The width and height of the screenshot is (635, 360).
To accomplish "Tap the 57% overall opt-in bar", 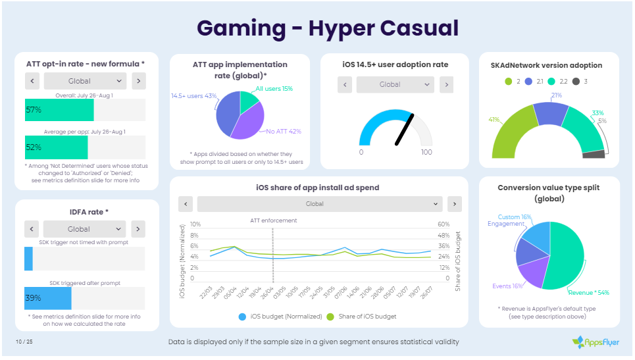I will [x=59, y=109].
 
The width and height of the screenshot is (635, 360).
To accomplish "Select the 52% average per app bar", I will [x=56, y=147].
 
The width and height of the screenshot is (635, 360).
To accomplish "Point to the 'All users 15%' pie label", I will [x=274, y=88].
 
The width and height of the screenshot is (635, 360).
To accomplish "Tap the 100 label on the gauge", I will [x=426, y=153].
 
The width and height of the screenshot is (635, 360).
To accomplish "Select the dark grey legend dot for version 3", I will [x=576, y=82].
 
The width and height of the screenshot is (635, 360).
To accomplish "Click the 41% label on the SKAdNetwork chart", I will [x=494, y=120].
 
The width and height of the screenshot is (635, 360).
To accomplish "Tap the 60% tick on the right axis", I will [x=444, y=224].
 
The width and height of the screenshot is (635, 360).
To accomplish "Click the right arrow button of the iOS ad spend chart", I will [x=454, y=204].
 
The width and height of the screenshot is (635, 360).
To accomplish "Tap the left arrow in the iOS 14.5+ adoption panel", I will [x=345, y=84].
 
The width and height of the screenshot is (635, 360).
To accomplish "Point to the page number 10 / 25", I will [x=24, y=341].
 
